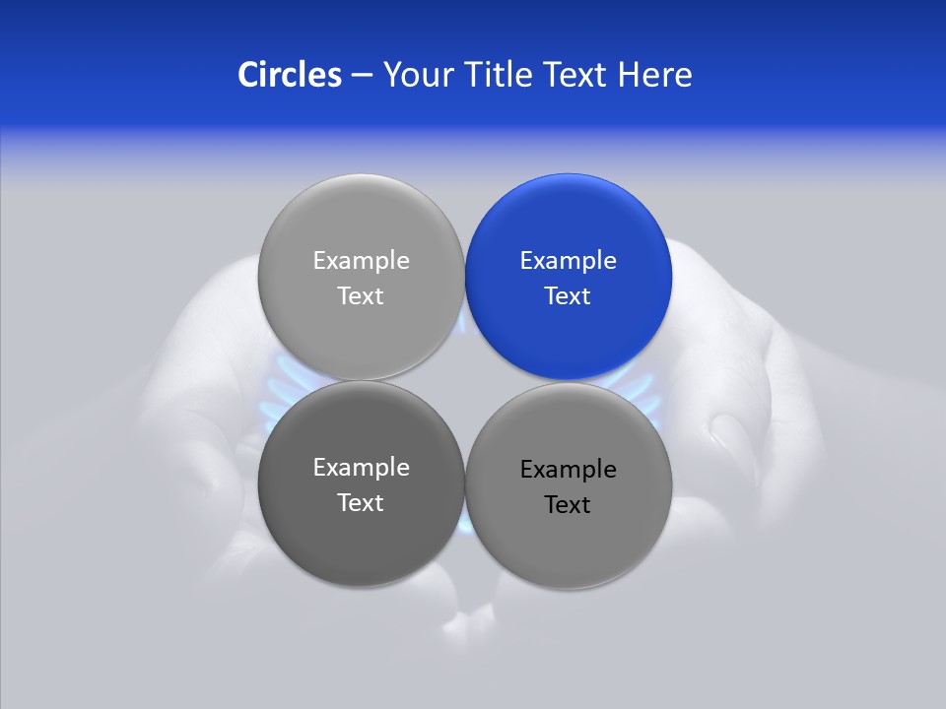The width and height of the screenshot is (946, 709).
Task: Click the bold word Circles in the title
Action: click(x=289, y=75)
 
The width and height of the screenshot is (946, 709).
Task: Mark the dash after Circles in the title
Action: click(x=362, y=76)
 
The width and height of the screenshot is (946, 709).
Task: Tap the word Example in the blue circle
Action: click(x=568, y=261)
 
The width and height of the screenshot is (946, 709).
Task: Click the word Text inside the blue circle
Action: click(x=568, y=296)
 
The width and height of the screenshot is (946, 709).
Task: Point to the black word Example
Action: click(x=568, y=470)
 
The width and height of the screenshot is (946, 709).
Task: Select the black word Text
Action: click(x=568, y=505)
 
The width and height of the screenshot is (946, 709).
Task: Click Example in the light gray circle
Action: click(x=361, y=261)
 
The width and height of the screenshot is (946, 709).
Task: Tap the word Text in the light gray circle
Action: click(x=361, y=296)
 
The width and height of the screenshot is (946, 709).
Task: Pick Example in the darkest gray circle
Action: click(x=361, y=468)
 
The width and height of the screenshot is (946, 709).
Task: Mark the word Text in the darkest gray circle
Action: click(x=361, y=503)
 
